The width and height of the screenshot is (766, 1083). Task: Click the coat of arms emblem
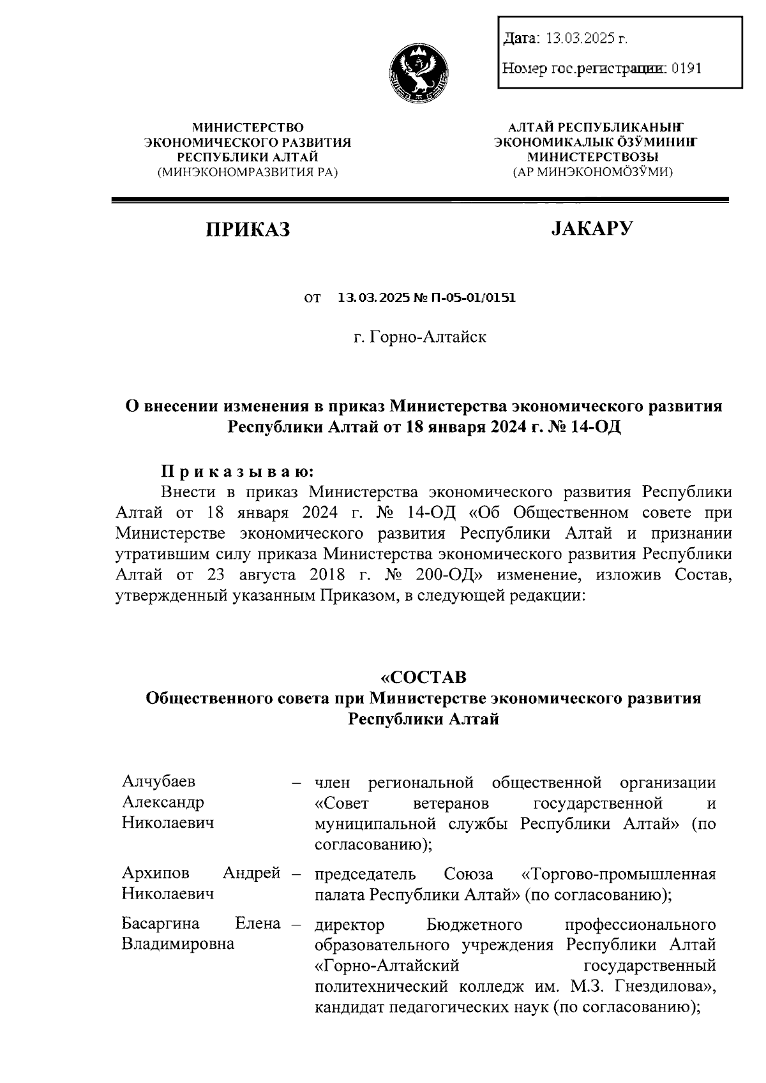[x=419, y=71]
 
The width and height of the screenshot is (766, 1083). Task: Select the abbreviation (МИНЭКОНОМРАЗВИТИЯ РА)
[x=248, y=172]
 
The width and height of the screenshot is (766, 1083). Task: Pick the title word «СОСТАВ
[x=423, y=676]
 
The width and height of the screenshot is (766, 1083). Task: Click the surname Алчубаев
[x=159, y=782]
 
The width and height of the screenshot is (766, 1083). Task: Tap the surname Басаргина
[x=160, y=923]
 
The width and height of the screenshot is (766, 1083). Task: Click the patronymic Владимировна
[x=177, y=944]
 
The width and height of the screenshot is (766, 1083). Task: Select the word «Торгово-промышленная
[x=619, y=873]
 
